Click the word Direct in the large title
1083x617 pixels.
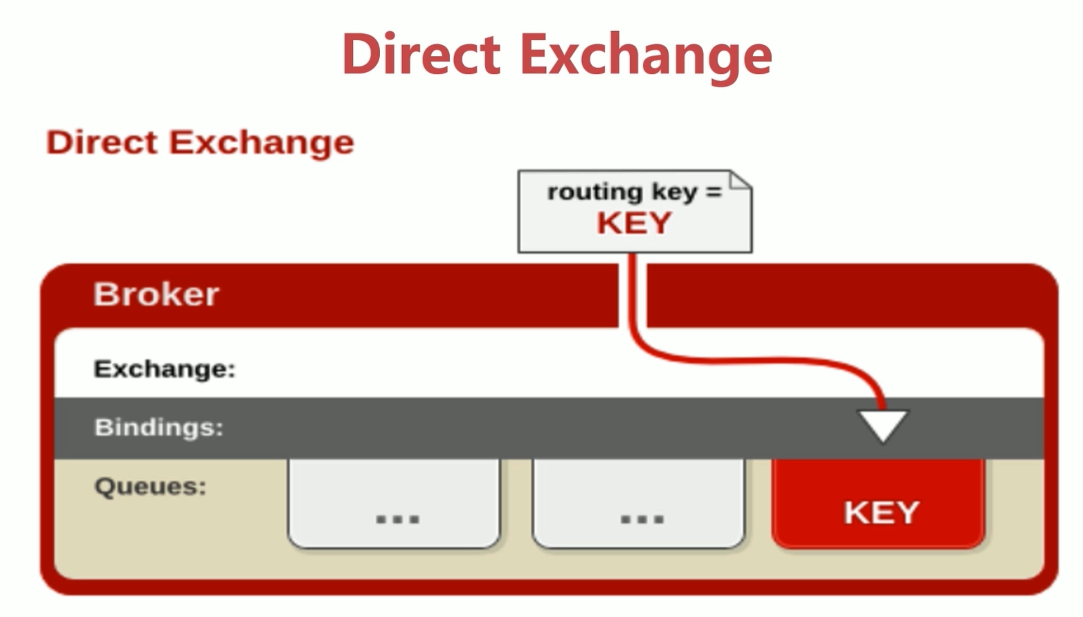[421, 54]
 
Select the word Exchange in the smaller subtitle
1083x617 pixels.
[261, 143]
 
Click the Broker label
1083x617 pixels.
[156, 294]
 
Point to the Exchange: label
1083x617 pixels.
[165, 369]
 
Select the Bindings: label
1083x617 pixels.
[159, 427]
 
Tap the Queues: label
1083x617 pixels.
[150, 486]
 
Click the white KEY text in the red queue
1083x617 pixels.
[881, 513]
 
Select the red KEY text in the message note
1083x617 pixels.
[634, 223]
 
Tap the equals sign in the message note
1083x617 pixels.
[714, 192]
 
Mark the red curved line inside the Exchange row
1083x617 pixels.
[763, 360]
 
